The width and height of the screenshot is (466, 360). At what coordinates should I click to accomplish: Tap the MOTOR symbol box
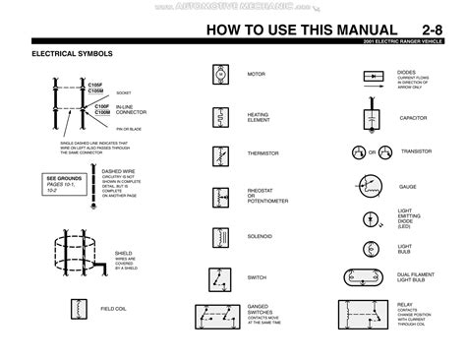click(220, 75)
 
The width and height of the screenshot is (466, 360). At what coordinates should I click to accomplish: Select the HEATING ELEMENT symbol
click(220, 115)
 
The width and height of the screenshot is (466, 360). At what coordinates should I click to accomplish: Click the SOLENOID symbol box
click(220, 236)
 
